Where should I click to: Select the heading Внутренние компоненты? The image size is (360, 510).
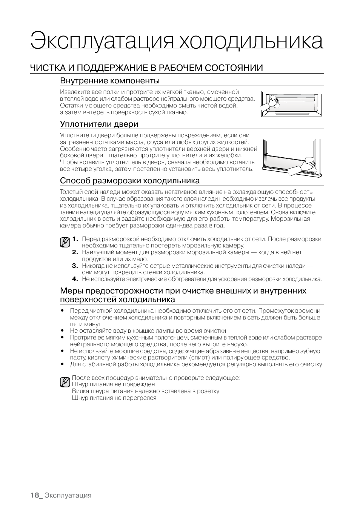click(x=110, y=81)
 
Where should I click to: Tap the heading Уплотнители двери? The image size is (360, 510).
click(x=99, y=124)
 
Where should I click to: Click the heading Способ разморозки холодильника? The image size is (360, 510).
click(x=130, y=181)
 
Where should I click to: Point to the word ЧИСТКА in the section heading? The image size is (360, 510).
click(x=46, y=68)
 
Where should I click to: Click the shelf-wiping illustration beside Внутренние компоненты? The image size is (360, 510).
click(x=291, y=103)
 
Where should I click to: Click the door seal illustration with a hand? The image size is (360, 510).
click(x=292, y=158)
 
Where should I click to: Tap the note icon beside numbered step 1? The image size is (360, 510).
click(x=65, y=242)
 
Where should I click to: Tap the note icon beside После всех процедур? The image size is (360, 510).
click(x=65, y=382)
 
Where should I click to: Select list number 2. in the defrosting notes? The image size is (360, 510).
click(x=75, y=252)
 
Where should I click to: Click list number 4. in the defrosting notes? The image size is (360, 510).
click(x=75, y=279)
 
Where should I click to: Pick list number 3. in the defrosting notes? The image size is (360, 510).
click(x=75, y=266)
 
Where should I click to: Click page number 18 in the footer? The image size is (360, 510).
click(x=35, y=495)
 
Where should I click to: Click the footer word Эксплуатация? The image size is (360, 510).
click(x=68, y=495)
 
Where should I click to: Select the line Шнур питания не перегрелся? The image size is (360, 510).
click(x=114, y=398)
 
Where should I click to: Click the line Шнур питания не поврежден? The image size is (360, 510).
click(x=113, y=384)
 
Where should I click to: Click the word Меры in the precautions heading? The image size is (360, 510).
click(x=70, y=291)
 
